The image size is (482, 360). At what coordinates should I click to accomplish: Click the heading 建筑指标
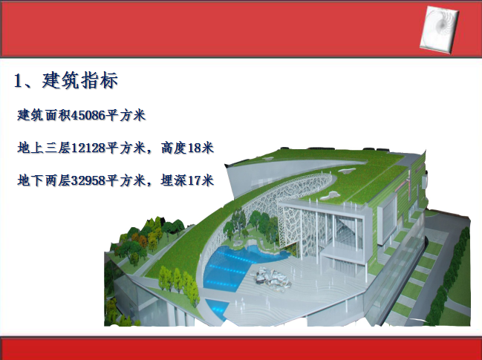click(80, 81)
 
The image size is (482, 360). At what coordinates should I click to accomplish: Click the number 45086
click(88, 116)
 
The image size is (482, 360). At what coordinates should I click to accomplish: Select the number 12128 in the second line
click(88, 148)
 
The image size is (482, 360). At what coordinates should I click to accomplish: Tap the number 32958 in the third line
click(88, 180)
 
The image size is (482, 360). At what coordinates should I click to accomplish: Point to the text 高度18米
click(187, 148)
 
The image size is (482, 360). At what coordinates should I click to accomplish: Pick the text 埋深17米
click(187, 180)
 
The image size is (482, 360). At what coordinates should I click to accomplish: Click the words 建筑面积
click(44, 116)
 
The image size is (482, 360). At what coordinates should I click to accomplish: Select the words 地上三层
click(44, 148)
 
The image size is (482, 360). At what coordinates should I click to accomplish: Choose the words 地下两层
click(44, 180)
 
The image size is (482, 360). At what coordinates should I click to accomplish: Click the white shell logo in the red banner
click(439, 30)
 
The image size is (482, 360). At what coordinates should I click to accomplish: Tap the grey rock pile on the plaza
click(271, 278)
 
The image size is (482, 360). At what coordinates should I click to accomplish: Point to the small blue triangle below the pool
click(218, 308)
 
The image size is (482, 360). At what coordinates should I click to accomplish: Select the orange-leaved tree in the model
click(143, 242)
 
